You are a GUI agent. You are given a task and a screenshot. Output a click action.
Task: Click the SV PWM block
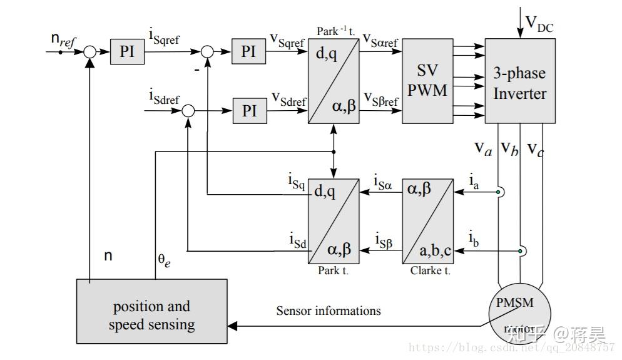coord(427,81)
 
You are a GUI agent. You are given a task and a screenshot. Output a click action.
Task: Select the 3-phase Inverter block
coord(519,81)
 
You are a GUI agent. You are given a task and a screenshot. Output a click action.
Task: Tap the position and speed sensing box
coord(152,311)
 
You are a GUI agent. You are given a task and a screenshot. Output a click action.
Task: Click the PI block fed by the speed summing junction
coord(127,51)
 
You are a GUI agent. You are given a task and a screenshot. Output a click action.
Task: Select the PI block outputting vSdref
coord(249,111)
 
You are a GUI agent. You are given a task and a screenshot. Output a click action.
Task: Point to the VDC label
coord(539,24)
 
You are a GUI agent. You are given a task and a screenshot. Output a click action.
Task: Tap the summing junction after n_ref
coord(90,52)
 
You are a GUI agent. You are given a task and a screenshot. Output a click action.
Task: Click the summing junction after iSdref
coord(188,111)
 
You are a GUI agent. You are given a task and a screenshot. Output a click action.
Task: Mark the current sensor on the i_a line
coord(499,192)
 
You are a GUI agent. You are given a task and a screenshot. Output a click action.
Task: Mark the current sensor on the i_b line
coord(521,251)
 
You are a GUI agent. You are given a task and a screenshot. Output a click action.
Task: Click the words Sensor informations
coord(329,311)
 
